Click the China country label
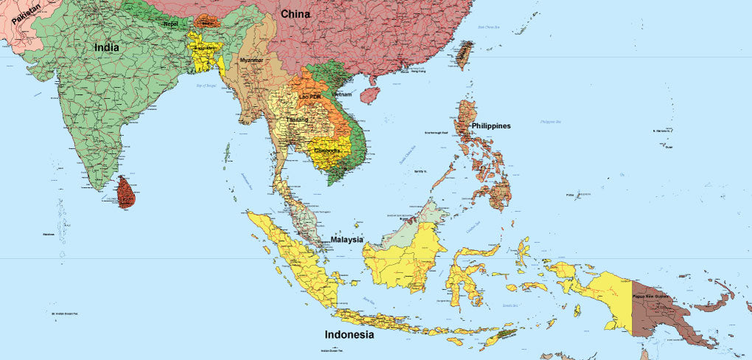294,14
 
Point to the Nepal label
170,24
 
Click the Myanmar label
251,60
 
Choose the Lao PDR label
310,97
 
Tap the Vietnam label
341,95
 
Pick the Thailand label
297,119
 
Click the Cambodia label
327,150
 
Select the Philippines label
491,126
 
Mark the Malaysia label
346,240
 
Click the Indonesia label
349,335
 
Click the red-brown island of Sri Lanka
126,193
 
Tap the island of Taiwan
464,55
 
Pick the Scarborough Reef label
436,133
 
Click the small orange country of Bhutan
207,22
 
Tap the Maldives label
49,235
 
